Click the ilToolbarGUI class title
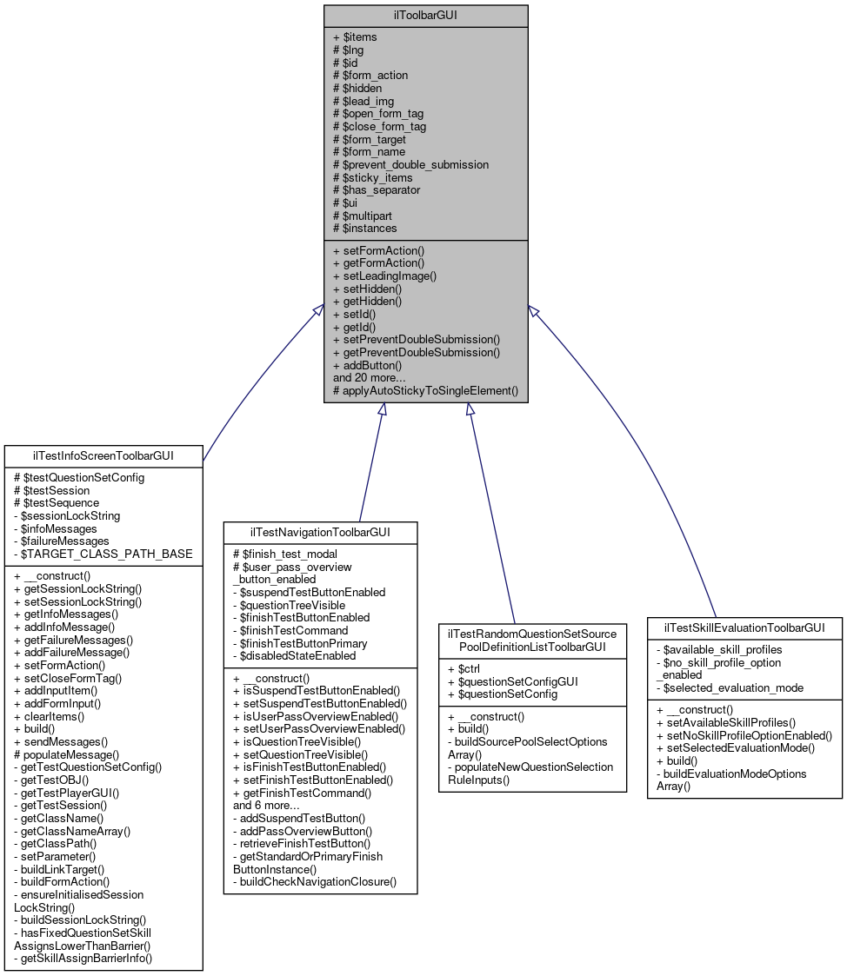[425, 16]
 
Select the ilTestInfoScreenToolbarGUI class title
[103, 455]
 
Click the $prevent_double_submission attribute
[410, 164]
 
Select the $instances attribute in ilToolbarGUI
[364, 228]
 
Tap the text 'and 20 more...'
[369, 378]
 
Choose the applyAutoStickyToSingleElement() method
[425, 391]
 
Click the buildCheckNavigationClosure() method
[314, 881]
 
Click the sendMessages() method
[60, 741]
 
